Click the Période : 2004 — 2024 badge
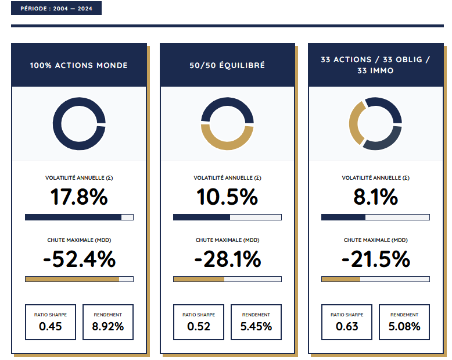(56, 9)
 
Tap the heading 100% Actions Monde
(79, 65)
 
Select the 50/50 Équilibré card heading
(227, 65)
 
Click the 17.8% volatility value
(79, 197)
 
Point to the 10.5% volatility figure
(227, 197)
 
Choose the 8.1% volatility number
(375, 197)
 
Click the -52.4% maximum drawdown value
(79, 259)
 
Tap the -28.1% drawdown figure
(227, 259)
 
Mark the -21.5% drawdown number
(375, 259)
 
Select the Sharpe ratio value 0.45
(51, 326)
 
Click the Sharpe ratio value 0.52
(199, 326)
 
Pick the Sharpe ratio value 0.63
(347, 326)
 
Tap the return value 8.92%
(108, 326)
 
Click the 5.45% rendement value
(256, 326)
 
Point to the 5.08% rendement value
(404, 326)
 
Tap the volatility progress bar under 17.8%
(79, 218)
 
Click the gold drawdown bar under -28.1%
(199, 279)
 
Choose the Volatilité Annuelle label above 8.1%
(375, 178)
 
